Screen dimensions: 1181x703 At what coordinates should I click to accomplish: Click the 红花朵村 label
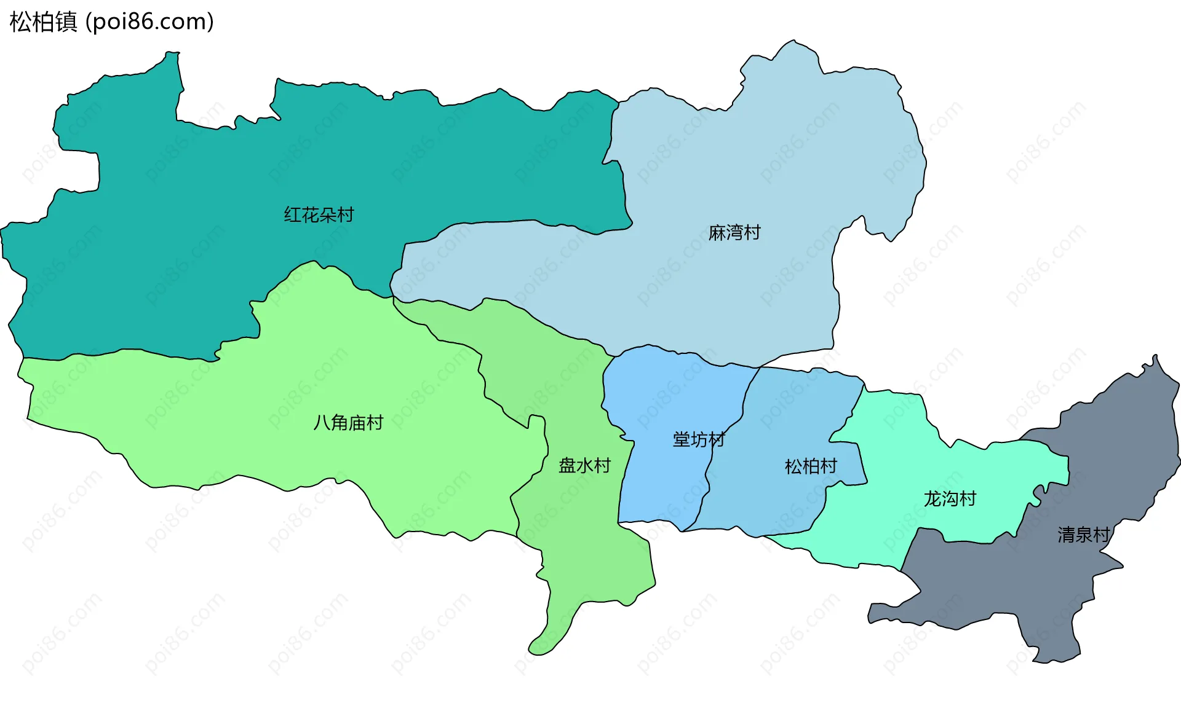pos(319,215)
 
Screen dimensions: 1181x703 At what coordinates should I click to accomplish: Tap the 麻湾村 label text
pos(734,233)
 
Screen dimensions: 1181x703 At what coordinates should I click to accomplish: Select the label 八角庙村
pos(348,423)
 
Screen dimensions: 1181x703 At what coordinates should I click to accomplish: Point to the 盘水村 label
pos(584,466)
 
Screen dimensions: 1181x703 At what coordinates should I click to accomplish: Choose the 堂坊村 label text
pos(699,439)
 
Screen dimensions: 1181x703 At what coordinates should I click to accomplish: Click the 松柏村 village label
pos(811,467)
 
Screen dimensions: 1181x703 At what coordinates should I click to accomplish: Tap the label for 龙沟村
pos(950,499)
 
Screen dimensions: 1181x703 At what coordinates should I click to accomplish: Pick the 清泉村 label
pos(1083,535)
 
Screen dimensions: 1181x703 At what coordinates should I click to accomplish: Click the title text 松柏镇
pos(43,22)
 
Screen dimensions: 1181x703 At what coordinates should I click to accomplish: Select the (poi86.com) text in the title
pos(149,22)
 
